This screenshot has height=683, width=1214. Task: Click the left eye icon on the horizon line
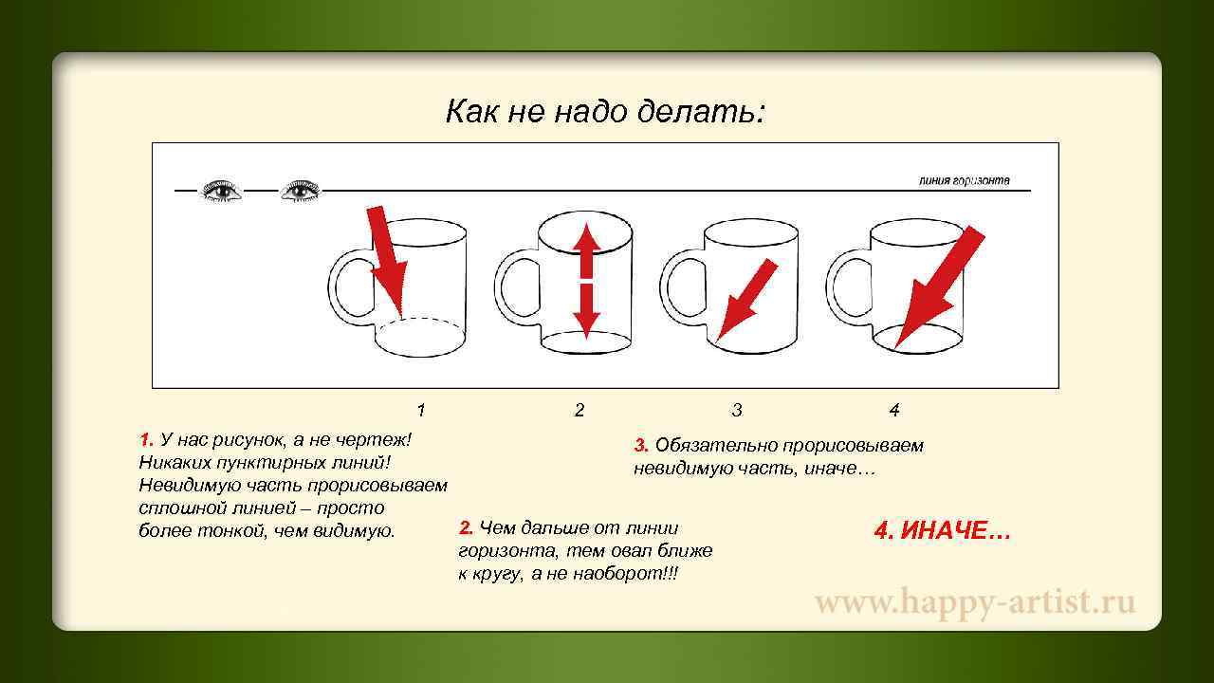click(222, 191)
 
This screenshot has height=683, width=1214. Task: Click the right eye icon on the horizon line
click(301, 191)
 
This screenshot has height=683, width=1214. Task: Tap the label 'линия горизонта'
click(964, 180)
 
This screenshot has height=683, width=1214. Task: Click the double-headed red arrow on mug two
click(586, 280)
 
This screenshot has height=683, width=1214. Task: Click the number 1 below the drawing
click(421, 411)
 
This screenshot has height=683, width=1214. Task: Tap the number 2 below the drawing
click(579, 411)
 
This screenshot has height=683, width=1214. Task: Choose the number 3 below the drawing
click(737, 411)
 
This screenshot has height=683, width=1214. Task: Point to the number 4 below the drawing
click(893, 411)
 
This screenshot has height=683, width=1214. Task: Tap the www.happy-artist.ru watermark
click(975, 602)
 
